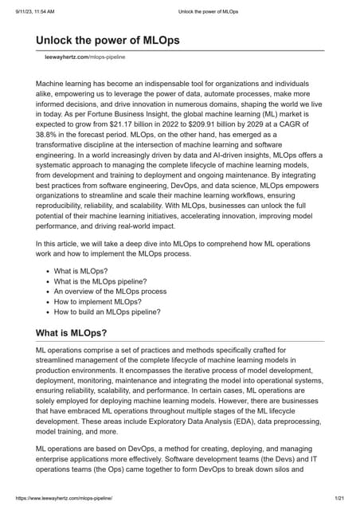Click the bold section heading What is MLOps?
click(x=72, y=333)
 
